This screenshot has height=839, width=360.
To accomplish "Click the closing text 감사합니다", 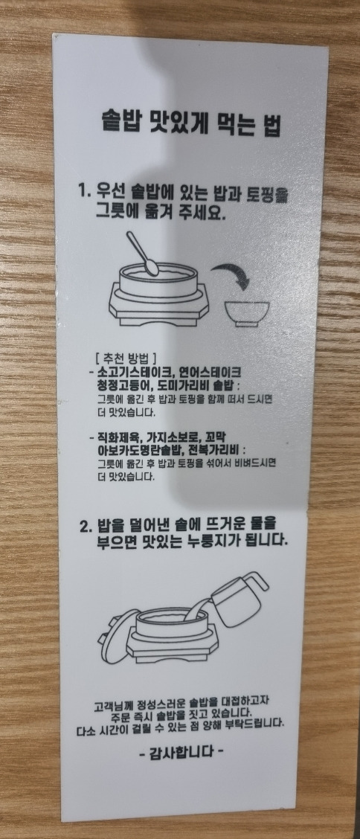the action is tap(181, 753).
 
